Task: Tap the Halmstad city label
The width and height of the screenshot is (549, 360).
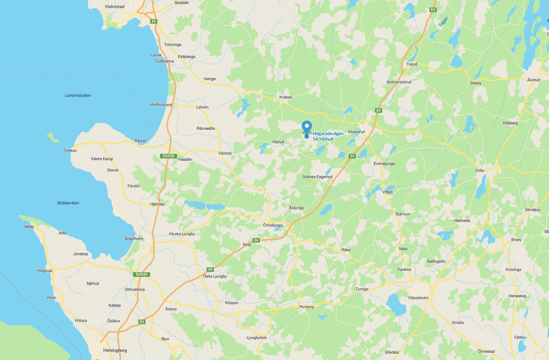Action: (115, 7)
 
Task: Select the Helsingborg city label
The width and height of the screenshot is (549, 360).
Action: (115, 350)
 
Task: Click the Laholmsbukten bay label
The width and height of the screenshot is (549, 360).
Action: (78, 95)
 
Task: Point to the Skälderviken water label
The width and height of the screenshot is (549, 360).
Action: (68, 203)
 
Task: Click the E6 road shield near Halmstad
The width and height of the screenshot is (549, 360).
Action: (153, 21)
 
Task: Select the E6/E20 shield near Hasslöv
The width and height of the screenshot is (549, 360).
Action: (169, 156)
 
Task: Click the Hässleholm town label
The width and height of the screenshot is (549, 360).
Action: (418, 298)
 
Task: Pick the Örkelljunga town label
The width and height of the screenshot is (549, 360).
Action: (273, 225)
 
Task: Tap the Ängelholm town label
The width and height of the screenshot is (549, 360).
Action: (134, 239)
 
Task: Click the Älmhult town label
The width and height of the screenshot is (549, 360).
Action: (534, 80)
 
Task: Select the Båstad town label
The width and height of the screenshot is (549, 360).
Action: (141, 141)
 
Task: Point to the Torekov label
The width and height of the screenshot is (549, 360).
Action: (70, 151)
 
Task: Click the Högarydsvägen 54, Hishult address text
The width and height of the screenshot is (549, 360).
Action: (328, 136)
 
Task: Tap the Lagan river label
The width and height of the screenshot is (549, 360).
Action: (443, 22)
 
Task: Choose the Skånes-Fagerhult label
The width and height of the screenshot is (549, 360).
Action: (317, 177)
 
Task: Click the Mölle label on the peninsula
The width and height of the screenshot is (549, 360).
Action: (29, 227)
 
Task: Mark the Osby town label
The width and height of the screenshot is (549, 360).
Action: (480, 171)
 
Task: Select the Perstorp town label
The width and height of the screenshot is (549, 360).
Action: (307, 307)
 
